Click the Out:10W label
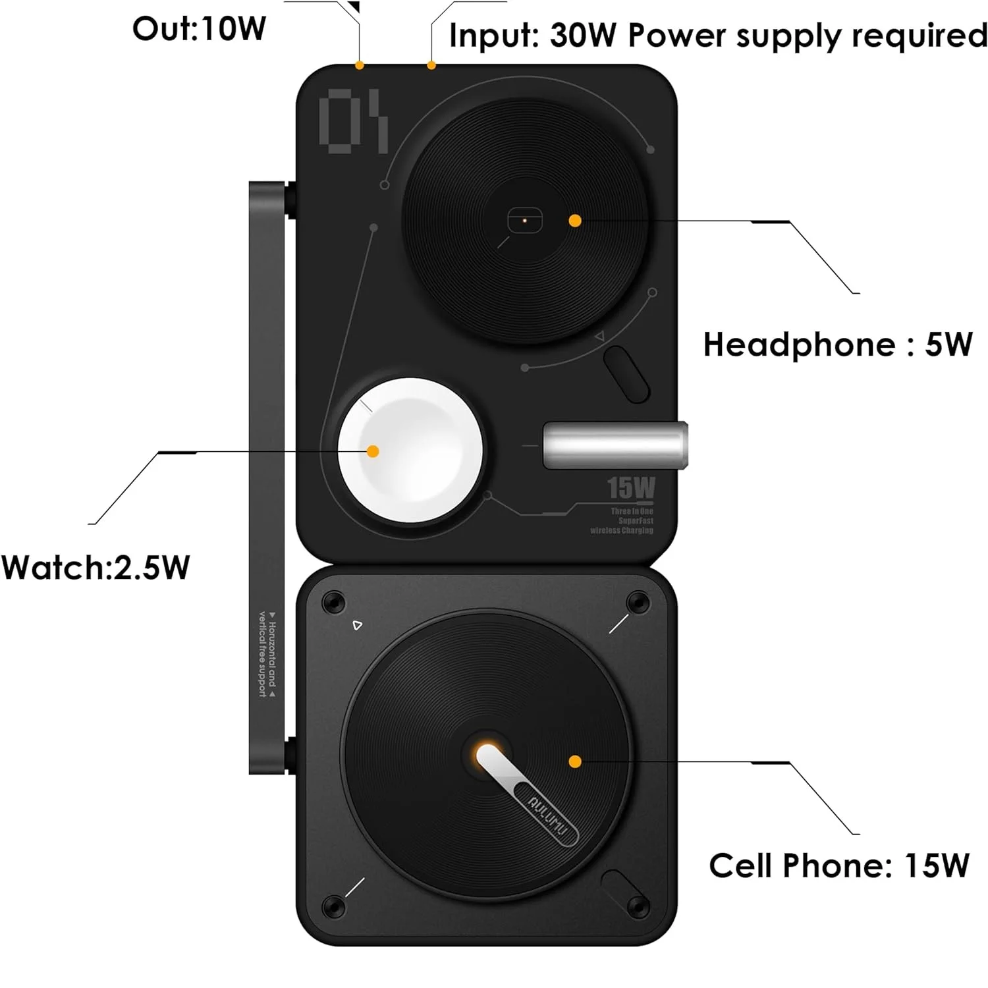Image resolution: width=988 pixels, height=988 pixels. point(199,29)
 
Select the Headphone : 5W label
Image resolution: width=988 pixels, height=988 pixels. point(837,344)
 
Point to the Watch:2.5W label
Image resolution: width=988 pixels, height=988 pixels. point(96,567)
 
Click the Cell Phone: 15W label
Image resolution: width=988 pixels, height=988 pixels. point(838,865)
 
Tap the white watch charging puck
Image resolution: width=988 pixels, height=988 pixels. point(410,450)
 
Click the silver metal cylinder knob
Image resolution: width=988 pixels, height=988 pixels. point(615,445)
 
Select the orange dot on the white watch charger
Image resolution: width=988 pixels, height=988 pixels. point(373,451)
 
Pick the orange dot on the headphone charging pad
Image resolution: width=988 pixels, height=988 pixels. point(575,221)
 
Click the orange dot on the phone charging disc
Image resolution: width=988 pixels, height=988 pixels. point(575,762)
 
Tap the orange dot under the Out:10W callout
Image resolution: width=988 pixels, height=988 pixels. point(359,65)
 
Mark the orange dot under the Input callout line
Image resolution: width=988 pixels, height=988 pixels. point(431,65)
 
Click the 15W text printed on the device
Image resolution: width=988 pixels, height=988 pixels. point(631,488)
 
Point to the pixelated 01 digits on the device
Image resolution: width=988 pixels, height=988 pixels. point(354,121)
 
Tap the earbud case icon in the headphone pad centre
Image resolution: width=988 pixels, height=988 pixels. point(524,221)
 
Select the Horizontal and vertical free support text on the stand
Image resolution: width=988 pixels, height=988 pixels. point(267,653)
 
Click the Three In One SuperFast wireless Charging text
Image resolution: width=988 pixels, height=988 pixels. point(623,520)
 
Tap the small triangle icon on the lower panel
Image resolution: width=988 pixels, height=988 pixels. point(357,625)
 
